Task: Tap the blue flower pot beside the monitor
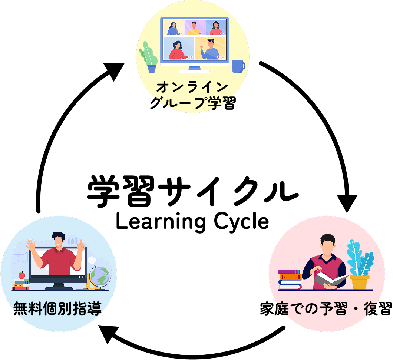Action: coord(152,69)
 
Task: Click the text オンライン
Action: coord(192,87)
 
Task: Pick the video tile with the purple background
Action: coord(194,27)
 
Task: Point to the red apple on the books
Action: coord(22,275)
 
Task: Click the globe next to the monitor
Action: coord(99,277)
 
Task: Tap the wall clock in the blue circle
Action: coord(91,260)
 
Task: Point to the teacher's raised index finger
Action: coord(79,242)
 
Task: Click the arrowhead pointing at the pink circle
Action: coord(346,202)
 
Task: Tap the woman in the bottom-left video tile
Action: coord(177,49)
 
